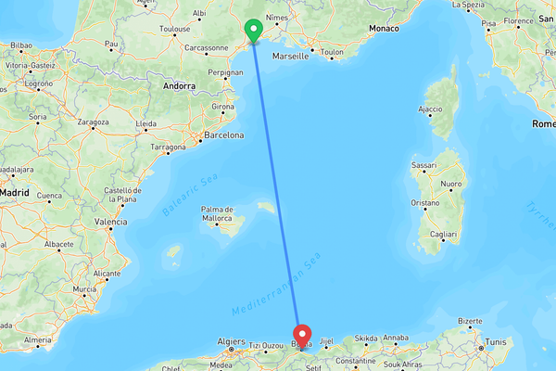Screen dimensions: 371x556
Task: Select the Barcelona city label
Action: click(223, 134)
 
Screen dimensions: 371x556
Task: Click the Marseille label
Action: click(291, 56)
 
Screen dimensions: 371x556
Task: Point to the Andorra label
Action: click(179, 85)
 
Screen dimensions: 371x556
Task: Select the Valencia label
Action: click(111, 222)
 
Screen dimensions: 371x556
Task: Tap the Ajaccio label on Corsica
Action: click(431, 109)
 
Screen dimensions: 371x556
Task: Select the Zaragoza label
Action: click(94, 122)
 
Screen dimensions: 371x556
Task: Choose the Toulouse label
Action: click(174, 29)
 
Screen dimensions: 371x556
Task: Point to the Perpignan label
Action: click(226, 71)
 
